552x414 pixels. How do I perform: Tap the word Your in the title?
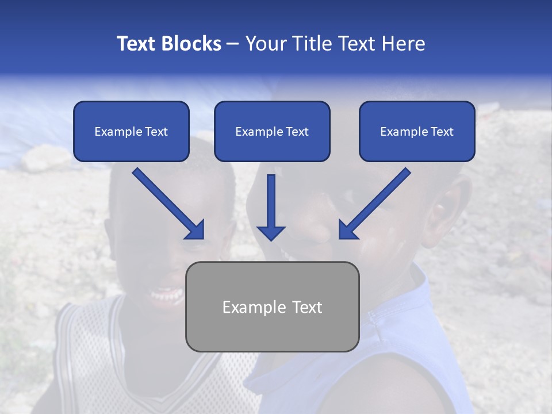(264, 44)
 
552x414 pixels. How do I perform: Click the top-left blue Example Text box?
(131, 131)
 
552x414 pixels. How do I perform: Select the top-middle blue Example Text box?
(272, 131)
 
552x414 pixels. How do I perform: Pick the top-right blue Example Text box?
(417, 131)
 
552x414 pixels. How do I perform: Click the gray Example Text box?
(272, 306)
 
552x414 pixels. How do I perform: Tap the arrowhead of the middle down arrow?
(271, 232)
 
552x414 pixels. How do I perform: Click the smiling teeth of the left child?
(165, 296)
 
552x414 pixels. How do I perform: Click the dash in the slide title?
(233, 44)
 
